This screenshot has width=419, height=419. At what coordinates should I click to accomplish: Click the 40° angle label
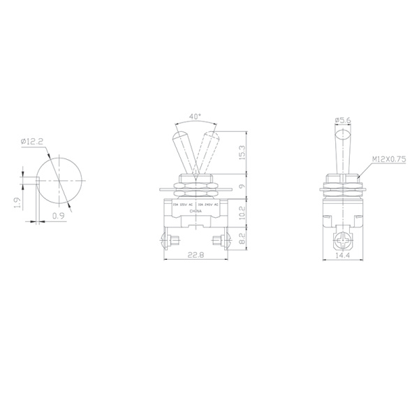click(x=195, y=117)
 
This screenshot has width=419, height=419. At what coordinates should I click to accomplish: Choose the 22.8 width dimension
click(x=197, y=255)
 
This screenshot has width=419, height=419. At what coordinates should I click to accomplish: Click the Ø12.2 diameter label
click(x=33, y=142)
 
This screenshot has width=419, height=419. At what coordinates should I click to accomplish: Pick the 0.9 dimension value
click(x=59, y=216)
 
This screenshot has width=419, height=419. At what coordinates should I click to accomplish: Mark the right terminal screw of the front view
click(x=223, y=242)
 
